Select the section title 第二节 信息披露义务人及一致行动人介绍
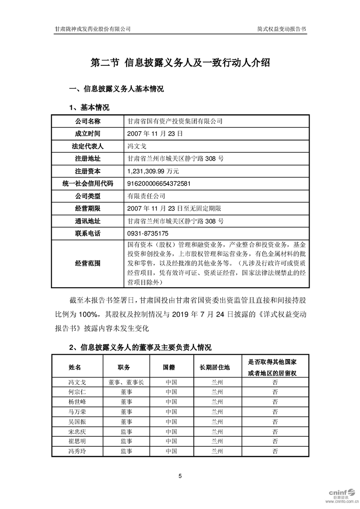180,63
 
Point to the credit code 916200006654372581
159,184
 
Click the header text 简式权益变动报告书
281,28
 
